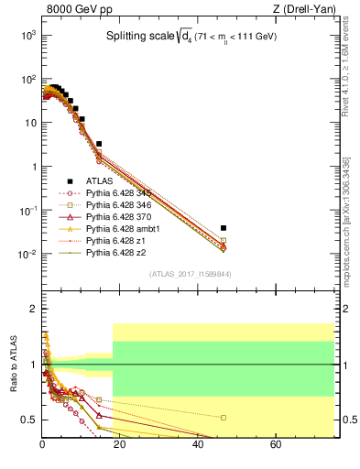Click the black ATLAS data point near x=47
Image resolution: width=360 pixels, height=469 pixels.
pyautogui.click(x=224, y=227)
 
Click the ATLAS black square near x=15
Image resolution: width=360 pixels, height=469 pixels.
pyautogui.click(x=99, y=144)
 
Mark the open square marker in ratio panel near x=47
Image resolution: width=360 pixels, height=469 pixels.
pyautogui.click(x=224, y=418)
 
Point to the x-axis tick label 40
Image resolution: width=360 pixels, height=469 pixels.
pyautogui.click(x=198, y=446)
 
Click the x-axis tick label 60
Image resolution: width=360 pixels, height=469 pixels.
pyautogui.click(x=276, y=446)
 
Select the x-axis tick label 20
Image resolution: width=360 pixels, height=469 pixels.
pyautogui.click(x=120, y=446)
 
